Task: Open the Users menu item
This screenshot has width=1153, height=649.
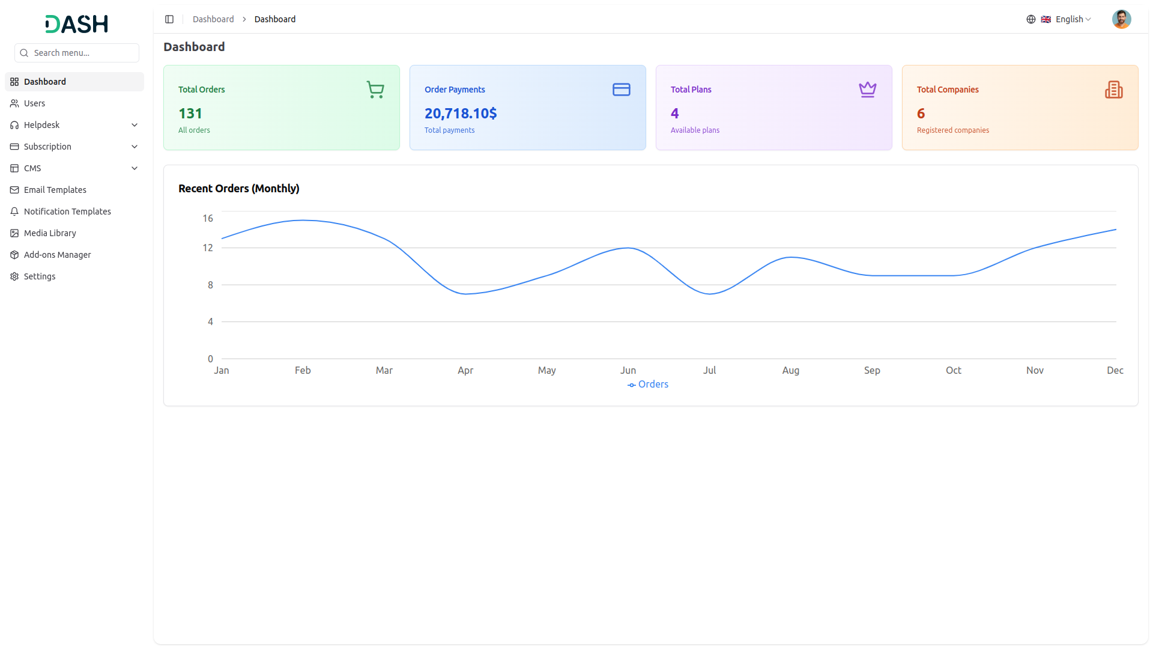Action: click(34, 103)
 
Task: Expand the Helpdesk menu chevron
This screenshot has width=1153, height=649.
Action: click(135, 125)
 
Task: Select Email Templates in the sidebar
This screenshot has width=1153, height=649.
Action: click(55, 190)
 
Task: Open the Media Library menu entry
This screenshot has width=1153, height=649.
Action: click(50, 233)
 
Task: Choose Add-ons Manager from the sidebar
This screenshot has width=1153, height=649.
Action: click(57, 255)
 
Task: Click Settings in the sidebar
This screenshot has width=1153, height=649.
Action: click(40, 276)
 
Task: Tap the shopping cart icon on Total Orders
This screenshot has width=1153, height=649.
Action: click(375, 90)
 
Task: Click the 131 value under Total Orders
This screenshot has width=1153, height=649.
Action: click(190, 114)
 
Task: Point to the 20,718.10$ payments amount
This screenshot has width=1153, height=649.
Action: click(461, 114)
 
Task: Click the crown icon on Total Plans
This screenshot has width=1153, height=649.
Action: click(868, 90)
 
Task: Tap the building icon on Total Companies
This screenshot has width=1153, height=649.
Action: click(1114, 90)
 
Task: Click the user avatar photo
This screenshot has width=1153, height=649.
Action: click(1121, 19)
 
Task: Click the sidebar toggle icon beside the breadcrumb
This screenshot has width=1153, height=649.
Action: click(169, 19)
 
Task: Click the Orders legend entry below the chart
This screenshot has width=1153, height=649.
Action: click(648, 385)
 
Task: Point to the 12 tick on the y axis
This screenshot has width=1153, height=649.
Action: click(208, 248)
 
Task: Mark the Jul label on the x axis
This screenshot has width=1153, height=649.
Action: click(709, 370)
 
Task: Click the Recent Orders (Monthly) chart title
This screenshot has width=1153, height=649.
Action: click(239, 189)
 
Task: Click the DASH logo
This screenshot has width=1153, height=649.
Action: click(77, 24)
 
